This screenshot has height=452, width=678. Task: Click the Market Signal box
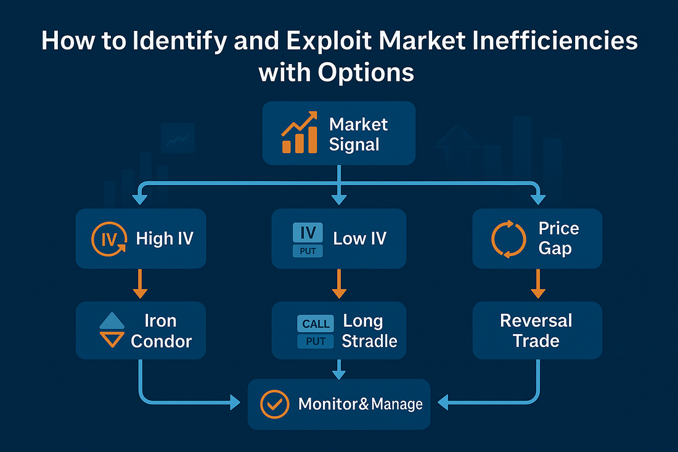coord(339,133)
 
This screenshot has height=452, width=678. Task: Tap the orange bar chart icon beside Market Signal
coord(300,133)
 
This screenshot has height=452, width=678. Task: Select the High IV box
coord(140,238)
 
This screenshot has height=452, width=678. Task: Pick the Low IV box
coord(339,238)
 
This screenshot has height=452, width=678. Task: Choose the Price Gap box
coord(537,238)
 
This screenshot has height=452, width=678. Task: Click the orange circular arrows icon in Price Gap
coord(508,238)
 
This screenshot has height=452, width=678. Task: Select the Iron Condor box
coord(140,330)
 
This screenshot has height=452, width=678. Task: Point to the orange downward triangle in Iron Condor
coord(112,340)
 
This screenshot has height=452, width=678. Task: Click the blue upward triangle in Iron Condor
coord(112,321)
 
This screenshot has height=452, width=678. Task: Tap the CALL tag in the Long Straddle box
coord(316,323)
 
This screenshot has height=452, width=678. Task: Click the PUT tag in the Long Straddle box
coord(316,341)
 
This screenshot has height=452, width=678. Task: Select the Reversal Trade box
coord(537,330)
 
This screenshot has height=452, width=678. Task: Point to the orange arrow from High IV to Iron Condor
coord(141,284)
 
